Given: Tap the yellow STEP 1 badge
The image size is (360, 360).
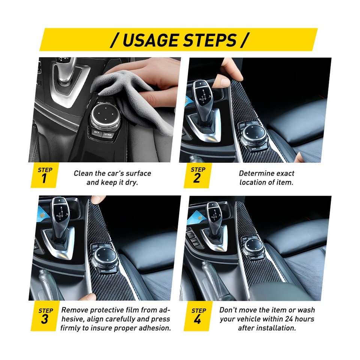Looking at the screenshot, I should [x=45, y=175].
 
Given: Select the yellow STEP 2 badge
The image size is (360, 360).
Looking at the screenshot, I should [x=197, y=175].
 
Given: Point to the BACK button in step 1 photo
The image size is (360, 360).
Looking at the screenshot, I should [x=97, y=132].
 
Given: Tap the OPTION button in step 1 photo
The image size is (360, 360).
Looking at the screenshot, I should [x=108, y=135].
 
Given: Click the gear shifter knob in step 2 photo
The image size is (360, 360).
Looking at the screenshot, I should [x=203, y=94].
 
